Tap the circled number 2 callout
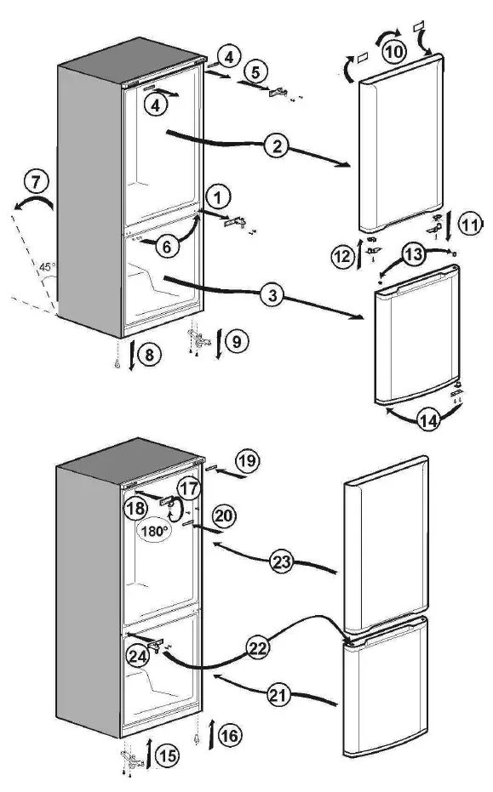275,145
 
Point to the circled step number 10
393,53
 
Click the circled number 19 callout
246,462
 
